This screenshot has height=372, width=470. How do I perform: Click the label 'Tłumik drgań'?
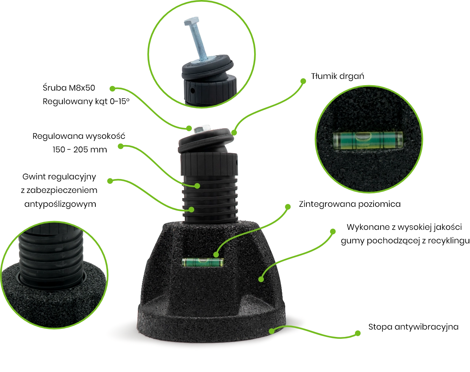[337, 76]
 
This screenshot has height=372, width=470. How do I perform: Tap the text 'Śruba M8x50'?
[69, 88]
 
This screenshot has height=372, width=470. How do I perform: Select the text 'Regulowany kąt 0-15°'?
[86, 102]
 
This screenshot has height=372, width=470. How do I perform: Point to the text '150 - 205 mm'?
[80, 150]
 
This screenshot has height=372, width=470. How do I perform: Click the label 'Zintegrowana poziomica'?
[349, 204]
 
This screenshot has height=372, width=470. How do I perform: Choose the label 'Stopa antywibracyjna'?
[413, 327]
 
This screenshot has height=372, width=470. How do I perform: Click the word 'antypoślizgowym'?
[60, 204]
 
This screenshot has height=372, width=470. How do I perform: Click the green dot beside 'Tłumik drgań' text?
[303, 81]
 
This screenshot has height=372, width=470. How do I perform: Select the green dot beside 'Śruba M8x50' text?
[112, 88]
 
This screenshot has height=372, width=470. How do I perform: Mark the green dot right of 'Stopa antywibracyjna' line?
[358, 333]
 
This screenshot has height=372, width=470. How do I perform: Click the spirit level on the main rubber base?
[202, 262]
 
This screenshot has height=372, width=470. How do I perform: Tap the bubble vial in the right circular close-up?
[368, 140]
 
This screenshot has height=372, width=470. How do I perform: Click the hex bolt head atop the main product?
[202, 129]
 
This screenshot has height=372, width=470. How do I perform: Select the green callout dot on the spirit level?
[216, 254]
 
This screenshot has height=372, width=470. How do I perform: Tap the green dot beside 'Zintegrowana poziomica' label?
[288, 207]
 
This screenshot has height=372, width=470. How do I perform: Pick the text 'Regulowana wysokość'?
[79, 136]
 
